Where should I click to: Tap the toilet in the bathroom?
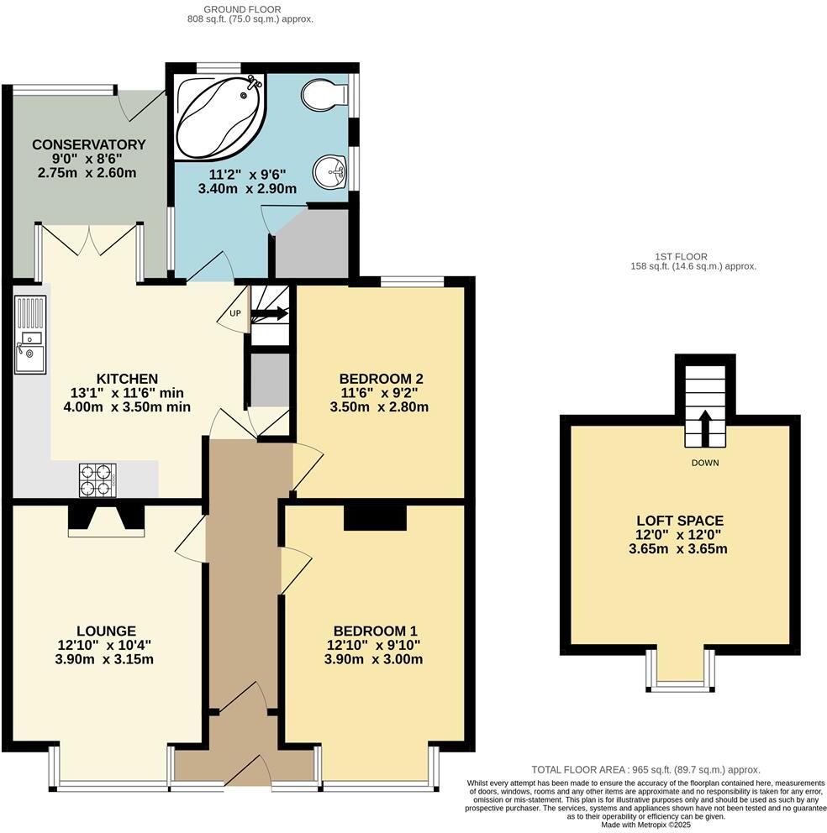coord(324,94)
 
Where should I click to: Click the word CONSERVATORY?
coord(88,144)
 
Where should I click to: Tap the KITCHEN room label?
coord(127,379)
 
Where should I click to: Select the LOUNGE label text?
coord(106,631)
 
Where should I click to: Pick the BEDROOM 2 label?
coord(380,379)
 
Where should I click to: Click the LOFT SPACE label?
coord(681,521)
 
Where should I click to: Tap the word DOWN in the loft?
coord(704,463)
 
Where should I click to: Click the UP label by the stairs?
coord(234,313)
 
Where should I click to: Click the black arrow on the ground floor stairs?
coord(270,315)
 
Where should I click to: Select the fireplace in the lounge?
coord(106,518)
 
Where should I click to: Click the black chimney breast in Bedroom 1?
coord(375,517)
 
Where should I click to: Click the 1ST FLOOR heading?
coord(681,256)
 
